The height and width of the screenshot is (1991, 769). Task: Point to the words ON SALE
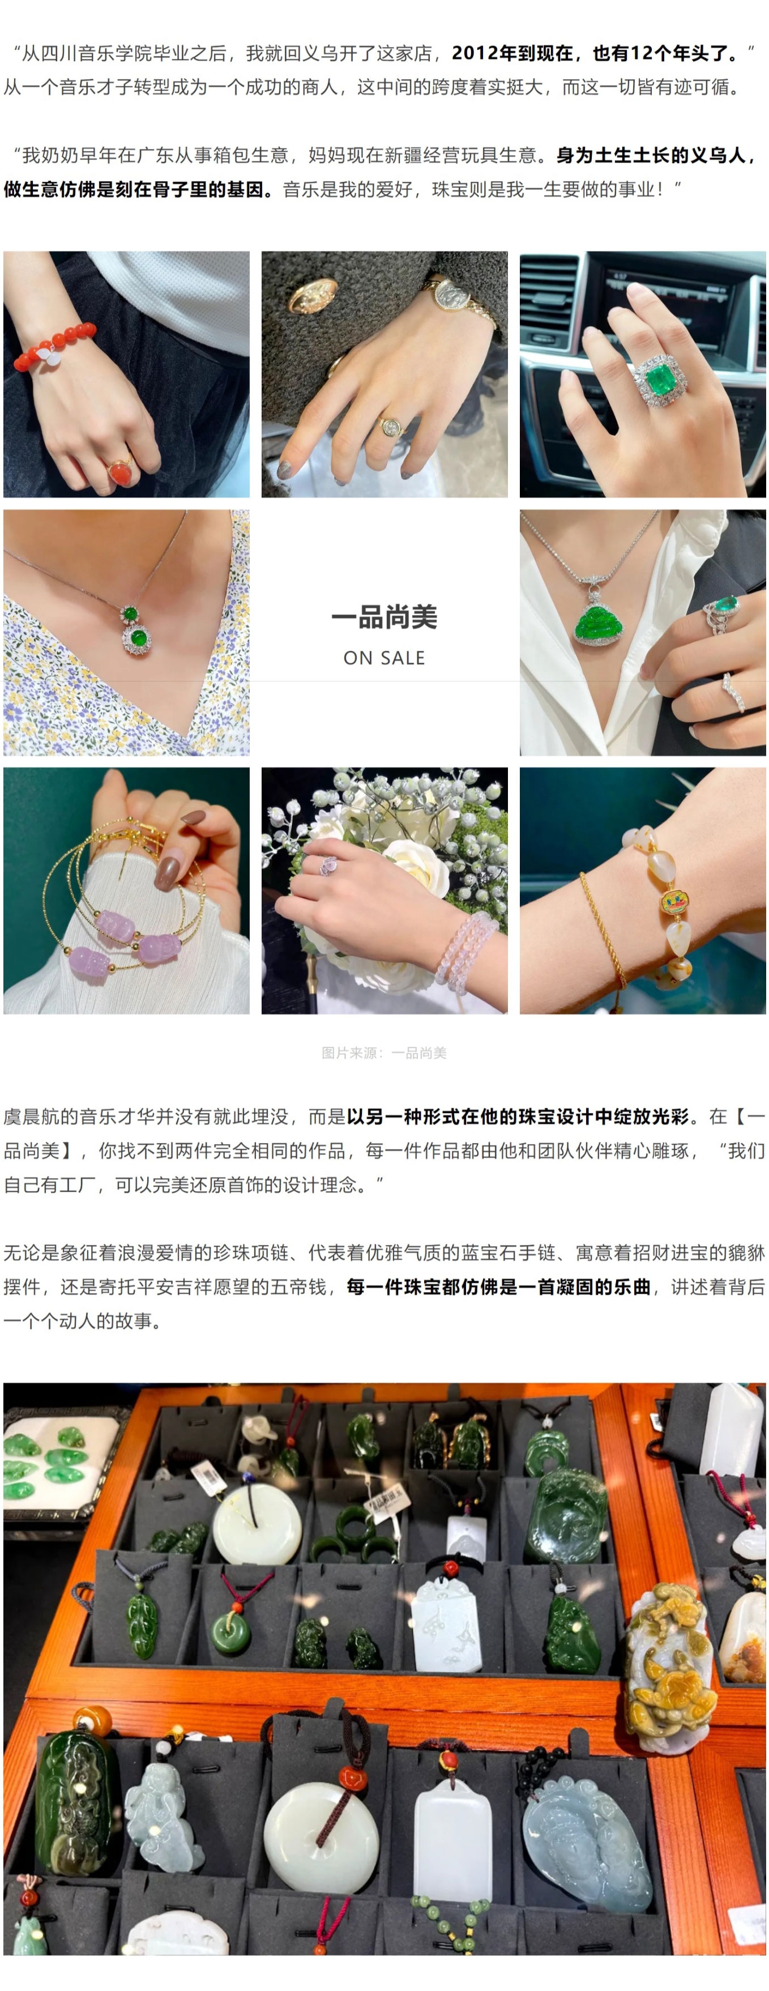(x=384, y=658)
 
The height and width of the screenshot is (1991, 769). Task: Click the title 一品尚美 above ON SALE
(x=384, y=617)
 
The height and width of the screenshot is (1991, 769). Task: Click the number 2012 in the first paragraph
(x=475, y=53)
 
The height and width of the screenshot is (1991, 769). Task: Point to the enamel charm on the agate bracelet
(x=674, y=903)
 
